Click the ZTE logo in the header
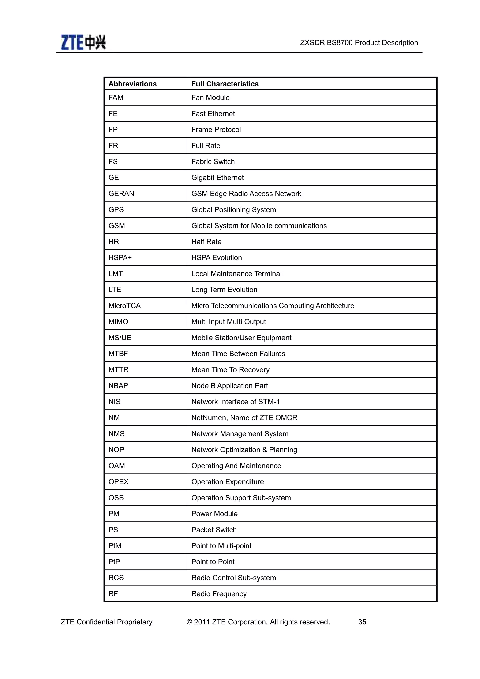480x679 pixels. [x=83, y=43]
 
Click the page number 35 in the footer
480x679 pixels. [x=362, y=622]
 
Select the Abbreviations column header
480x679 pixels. [x=132, y=84]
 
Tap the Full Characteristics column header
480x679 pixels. [x=225, y=84]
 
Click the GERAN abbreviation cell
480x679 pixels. [x=121, y=194]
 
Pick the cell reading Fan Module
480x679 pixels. [x=210, y=98]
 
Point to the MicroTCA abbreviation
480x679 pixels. [x=124, y=306]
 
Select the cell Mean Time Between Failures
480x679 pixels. [x=238, y=354]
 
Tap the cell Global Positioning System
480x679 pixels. [x=233, y=210]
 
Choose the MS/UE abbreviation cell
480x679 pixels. [x=120, y=338]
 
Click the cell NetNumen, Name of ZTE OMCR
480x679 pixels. [x=244, y=418]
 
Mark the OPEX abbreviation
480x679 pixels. [x=119, y=482]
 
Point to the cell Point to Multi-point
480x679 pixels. [x=221, y=546]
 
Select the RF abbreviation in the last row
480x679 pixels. [x=113, y=594]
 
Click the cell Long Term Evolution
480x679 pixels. [x=224, y=290]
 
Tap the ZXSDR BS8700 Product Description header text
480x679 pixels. [x=359, y=43]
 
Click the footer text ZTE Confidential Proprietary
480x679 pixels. [x=106, y=622]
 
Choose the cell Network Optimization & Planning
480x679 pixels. [x=244, y=450]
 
